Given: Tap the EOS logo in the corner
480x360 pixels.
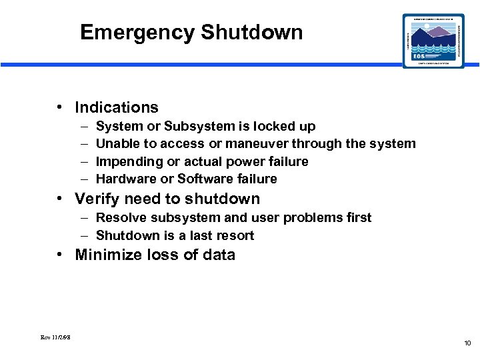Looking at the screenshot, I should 433,41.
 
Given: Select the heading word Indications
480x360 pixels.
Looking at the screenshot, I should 117,107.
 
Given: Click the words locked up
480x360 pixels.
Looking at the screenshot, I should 291,127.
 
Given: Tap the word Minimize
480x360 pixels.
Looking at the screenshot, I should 107,255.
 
